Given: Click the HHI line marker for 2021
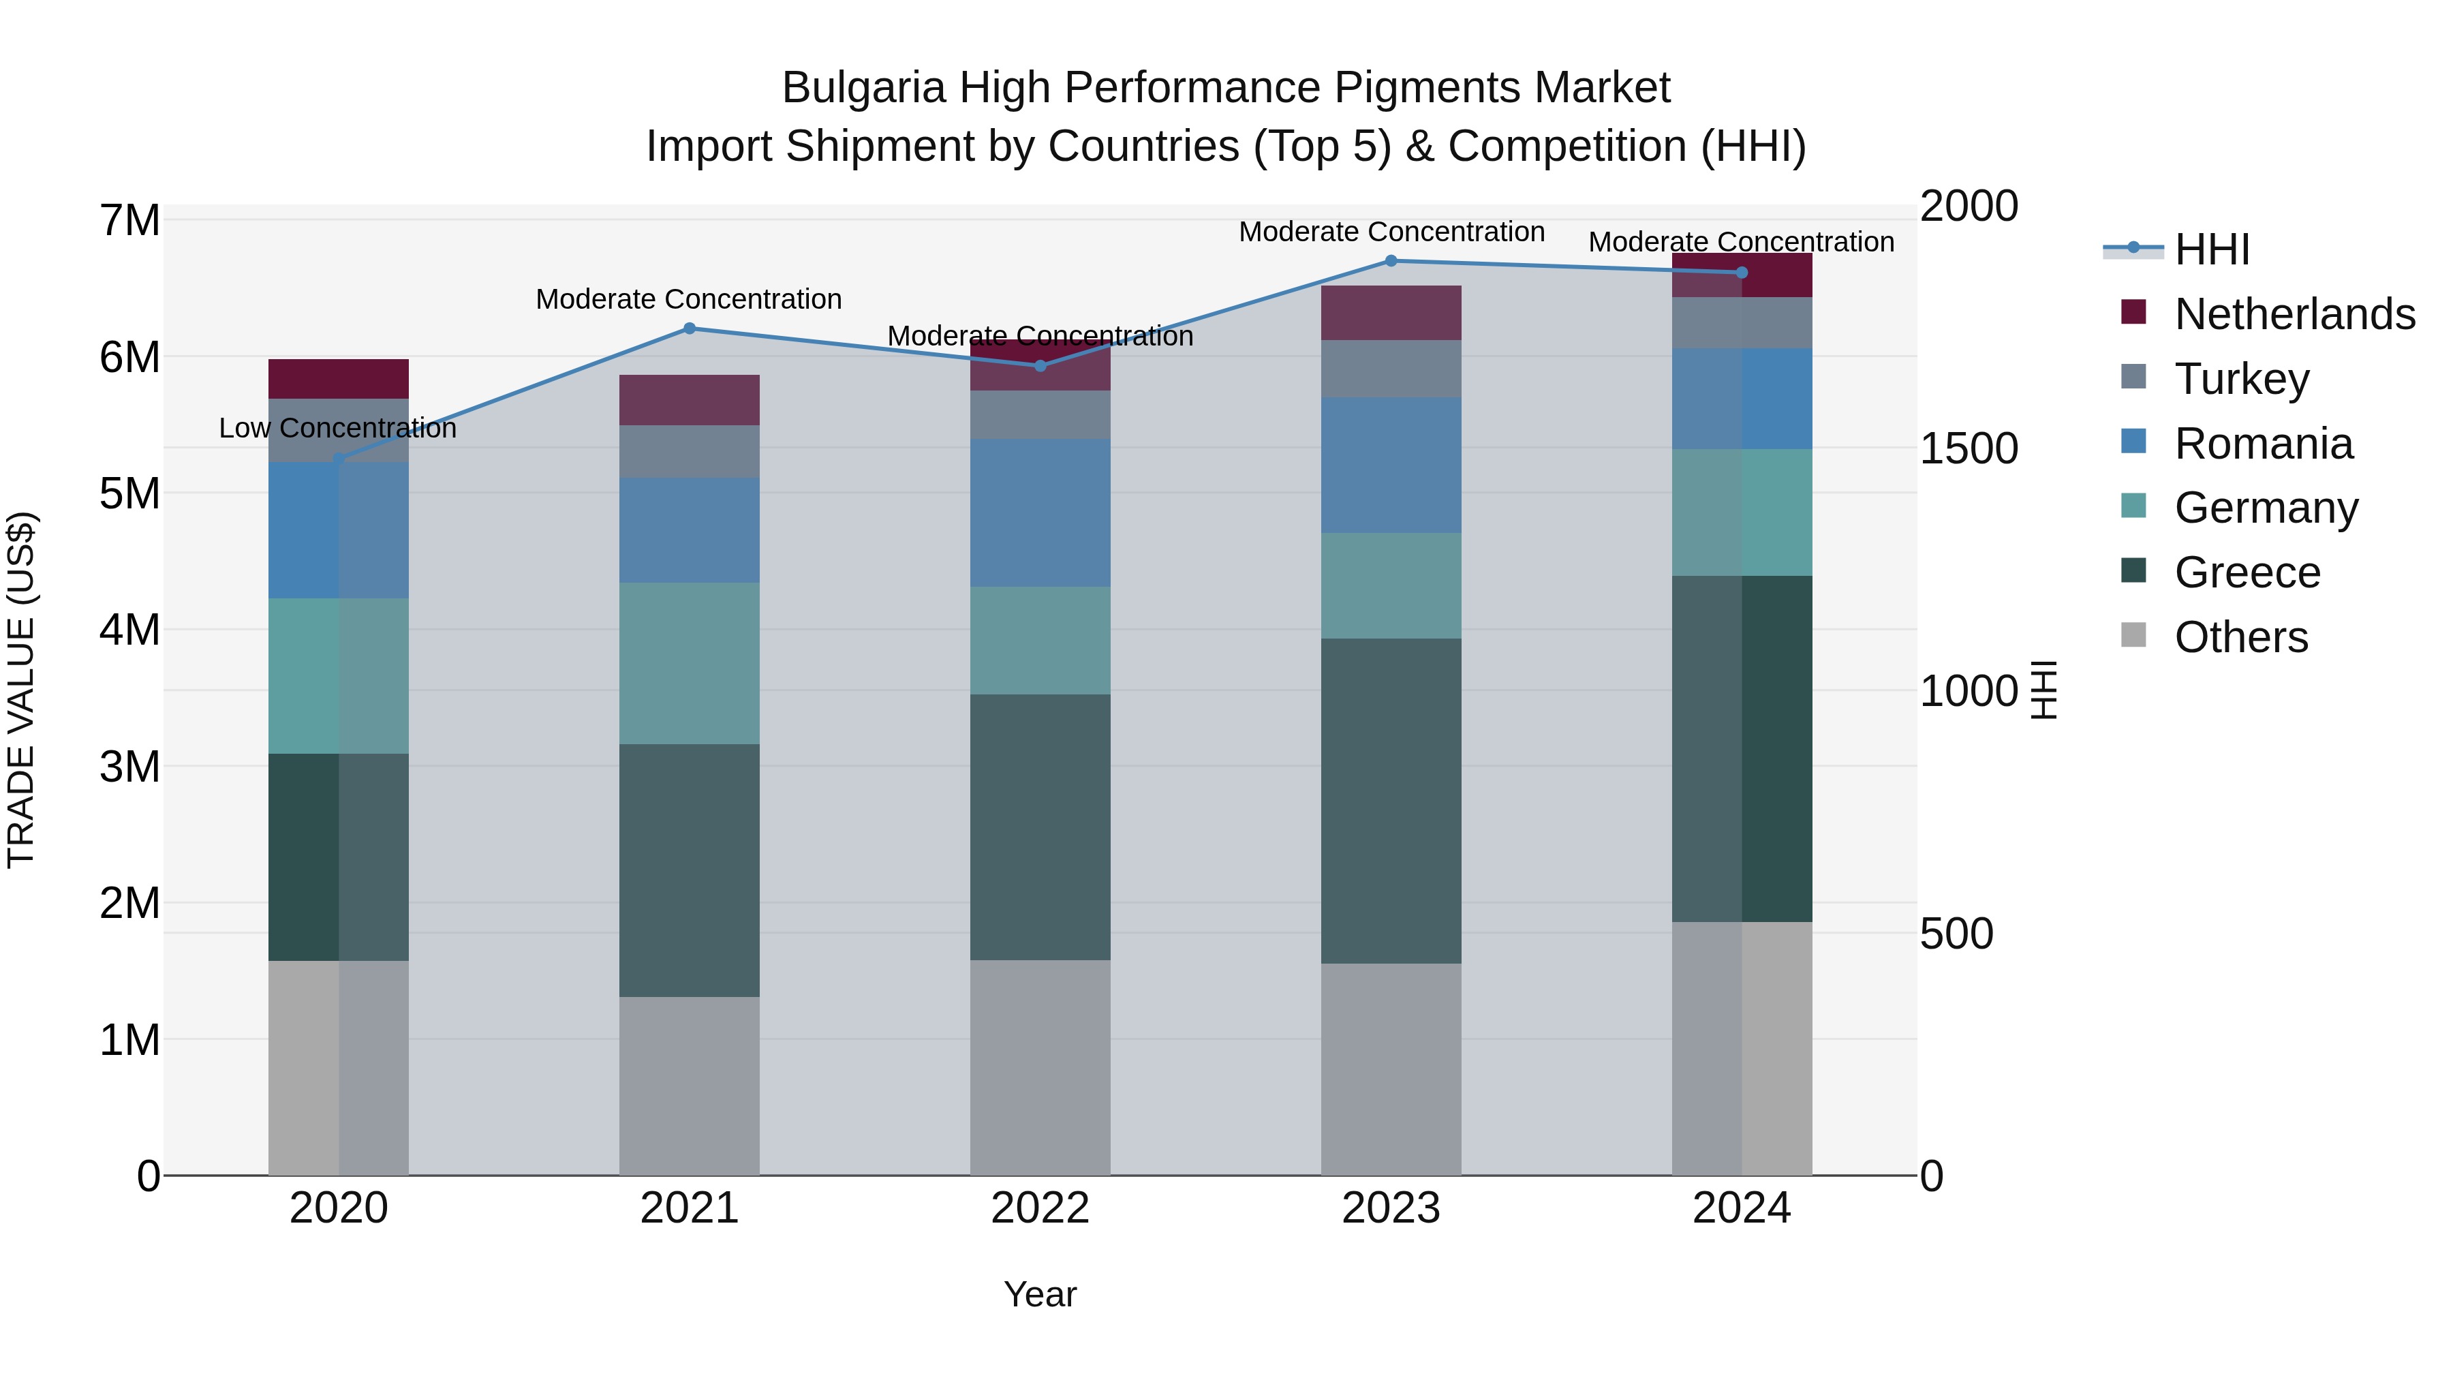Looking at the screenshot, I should point(690,328).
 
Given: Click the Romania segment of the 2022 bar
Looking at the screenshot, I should point(1040,512).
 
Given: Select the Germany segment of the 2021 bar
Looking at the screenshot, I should point(690,663).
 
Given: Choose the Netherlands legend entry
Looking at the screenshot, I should point(2293,314).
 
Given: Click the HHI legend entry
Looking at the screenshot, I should point(2211,249).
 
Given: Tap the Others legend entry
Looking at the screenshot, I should point(2240,637).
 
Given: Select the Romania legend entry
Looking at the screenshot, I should point(2262,444).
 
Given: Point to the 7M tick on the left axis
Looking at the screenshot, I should point(129,221).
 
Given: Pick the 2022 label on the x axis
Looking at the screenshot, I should point(1040,1208).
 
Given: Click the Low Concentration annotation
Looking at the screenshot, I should point(338,429).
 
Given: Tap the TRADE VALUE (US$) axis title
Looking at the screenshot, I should point(21,690).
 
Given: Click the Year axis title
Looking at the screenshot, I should point(1040,1294).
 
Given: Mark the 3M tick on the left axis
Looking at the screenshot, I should point(129,767).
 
